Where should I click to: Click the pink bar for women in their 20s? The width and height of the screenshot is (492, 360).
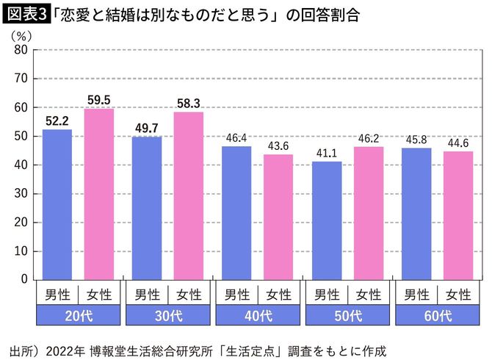(99, 194)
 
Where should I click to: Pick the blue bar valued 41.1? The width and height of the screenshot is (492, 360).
(327, 220)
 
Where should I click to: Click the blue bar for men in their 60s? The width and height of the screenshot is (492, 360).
(416, 214)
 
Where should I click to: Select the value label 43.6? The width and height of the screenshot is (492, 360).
(278, 146)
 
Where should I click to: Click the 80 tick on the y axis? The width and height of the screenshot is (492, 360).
(20, 50)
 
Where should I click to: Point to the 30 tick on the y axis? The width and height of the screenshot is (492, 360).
(20, 193)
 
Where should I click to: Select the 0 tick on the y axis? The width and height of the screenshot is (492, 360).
(23, 280)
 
